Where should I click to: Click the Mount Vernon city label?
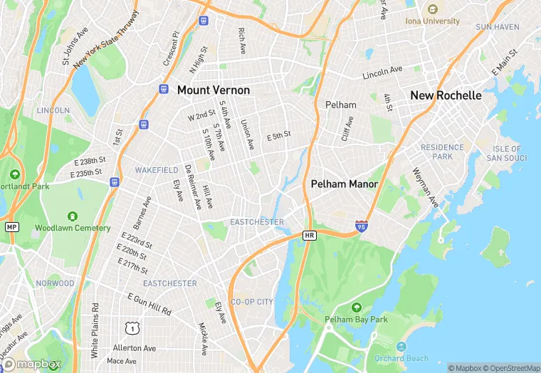pos(214,90)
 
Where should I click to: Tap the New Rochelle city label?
pos(446,95)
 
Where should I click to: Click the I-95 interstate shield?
pos(362,226)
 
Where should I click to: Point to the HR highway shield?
pos(309,235)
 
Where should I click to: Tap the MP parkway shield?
pos(11,226)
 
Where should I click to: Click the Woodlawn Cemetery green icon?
pos(72,216)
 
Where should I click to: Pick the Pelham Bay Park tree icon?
pos(357,307)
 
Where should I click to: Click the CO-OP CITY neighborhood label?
pos(252,302)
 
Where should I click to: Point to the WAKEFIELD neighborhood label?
pos(157,171)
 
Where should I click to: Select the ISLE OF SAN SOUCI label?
pos(507,153)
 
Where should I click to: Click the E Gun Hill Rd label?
pos(150,304)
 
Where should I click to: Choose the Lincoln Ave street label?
pos(382,73)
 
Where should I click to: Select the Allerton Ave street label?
pos(135,348)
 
